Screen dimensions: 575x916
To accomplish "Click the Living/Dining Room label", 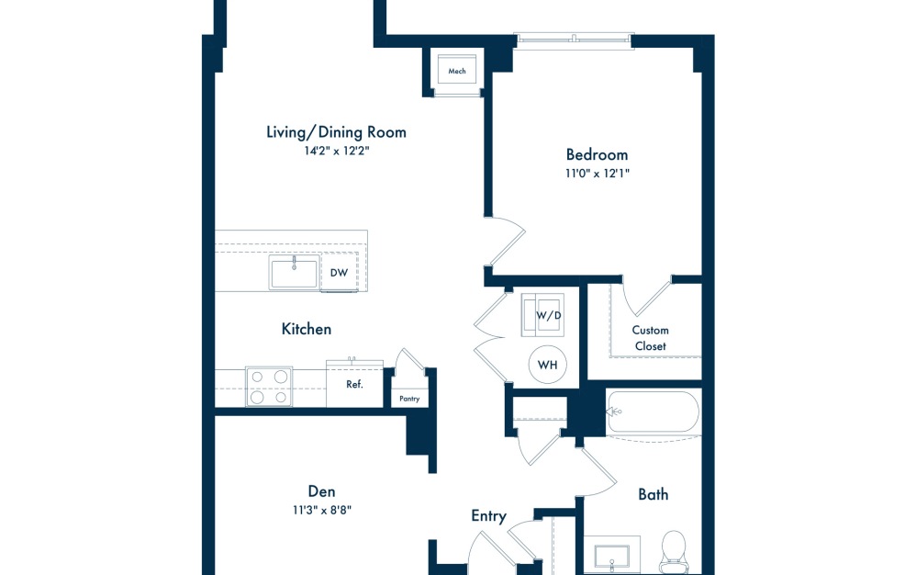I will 336,132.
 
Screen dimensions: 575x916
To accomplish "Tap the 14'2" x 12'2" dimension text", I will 336,152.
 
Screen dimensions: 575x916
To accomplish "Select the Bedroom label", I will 597,154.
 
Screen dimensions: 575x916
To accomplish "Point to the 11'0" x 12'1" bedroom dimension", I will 597,174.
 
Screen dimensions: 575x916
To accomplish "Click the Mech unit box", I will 457,70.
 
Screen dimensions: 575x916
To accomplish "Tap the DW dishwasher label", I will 339,272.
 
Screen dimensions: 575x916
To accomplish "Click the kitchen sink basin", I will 294,273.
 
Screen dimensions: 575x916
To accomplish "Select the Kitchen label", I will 307,329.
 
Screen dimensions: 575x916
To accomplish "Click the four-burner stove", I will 269,387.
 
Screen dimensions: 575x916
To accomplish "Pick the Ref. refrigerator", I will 354,384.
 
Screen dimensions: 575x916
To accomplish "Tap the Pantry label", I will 409,399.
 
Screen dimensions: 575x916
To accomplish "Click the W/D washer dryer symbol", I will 548,316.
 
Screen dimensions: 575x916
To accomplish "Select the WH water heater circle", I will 548,366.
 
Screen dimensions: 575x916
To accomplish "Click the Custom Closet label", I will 650,338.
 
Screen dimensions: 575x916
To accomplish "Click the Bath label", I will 653,494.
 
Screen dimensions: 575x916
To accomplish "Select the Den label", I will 322,491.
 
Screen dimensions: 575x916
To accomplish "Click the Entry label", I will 488,516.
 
